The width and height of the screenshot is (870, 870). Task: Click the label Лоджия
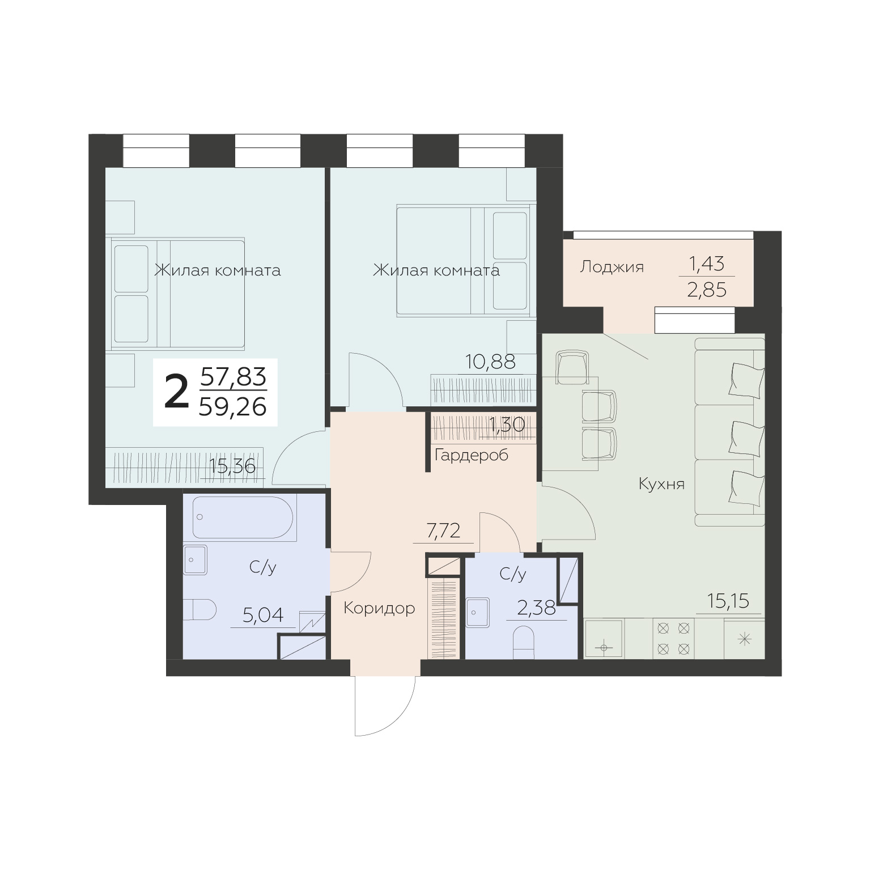point(612,267)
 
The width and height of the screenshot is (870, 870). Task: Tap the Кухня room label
point(661,484)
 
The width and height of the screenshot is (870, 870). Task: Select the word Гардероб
point(471,455)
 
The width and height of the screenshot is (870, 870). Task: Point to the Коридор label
point(379,609)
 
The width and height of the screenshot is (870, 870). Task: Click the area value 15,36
point(232,466)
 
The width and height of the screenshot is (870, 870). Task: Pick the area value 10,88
point(490,362)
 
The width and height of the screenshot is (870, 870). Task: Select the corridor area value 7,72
point(443,532)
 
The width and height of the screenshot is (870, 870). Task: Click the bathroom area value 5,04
point(262,615)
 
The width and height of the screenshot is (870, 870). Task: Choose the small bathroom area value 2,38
point(536,609)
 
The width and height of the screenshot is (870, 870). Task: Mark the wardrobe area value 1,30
point(506,425)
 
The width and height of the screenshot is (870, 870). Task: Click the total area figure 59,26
point(232,406)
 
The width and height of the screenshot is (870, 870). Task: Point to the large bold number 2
point(176,392)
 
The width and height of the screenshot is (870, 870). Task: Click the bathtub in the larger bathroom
point(243,517)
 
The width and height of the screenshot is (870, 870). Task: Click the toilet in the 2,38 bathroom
point(524,643)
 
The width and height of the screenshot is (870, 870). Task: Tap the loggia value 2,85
point(706,290)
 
